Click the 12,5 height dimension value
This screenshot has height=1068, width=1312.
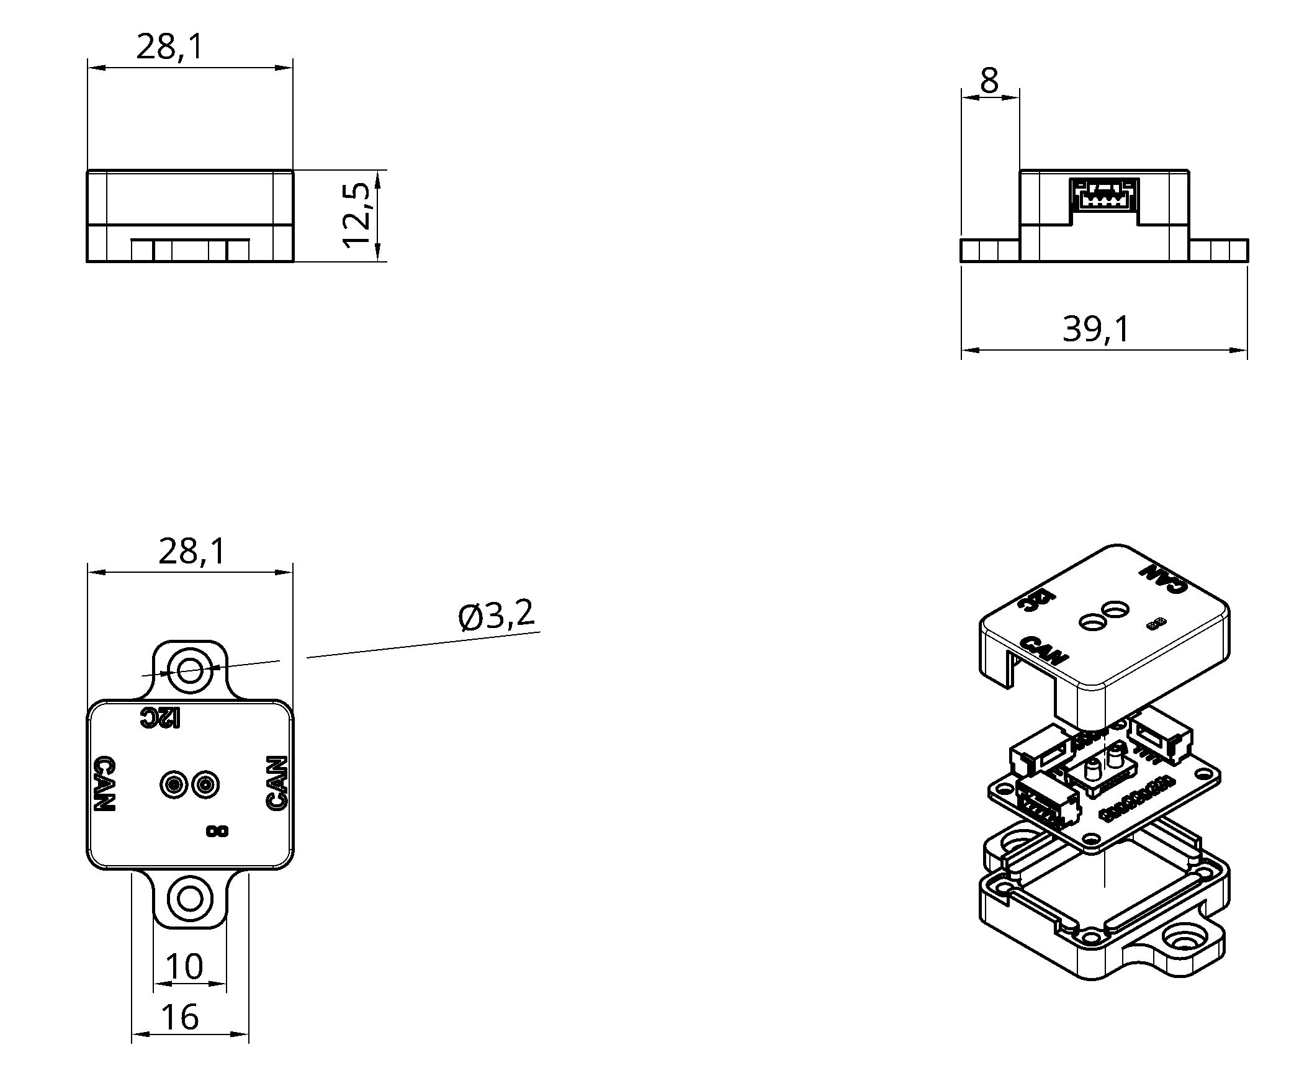pos(357,216)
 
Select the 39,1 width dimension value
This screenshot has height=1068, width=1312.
pos(1096,329)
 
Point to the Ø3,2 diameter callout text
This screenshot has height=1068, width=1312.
pos(496,616)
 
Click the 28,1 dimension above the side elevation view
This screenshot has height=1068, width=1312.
pos(169,47)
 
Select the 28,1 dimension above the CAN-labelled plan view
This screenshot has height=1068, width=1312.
pos(192,551)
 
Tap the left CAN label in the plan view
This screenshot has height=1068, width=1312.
pos(104,784)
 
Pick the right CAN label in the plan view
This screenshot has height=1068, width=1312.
pos(277,784)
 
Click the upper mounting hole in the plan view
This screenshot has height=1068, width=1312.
pos(190,670)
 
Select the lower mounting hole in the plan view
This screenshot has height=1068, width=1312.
pos(190,898)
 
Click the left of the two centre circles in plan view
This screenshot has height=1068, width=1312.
pos(174,785)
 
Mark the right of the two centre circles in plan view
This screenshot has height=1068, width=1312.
pos(205,785)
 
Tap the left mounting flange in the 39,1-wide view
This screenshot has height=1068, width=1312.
pos(990,251)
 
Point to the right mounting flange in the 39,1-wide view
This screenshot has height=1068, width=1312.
pos(1218,251)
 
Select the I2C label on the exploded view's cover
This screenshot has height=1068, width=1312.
pos(1037,606)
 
